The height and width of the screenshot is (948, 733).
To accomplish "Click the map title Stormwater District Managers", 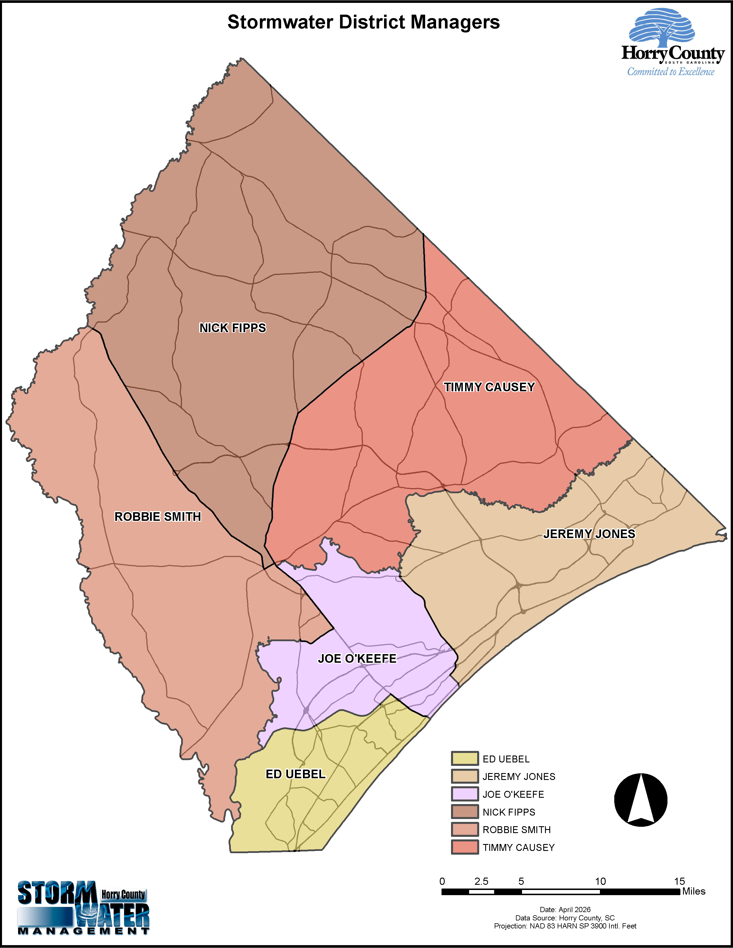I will tap(363, 23).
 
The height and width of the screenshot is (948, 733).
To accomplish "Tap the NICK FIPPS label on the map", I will tap(232, 328).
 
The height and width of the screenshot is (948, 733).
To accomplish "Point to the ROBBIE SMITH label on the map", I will tap(158, 517).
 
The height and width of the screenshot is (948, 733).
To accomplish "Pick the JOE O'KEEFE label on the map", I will tap(357, 658).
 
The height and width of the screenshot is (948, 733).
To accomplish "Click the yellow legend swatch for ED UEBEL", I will tap(465, 758).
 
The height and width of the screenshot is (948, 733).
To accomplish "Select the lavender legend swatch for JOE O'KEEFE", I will tap(465, 794).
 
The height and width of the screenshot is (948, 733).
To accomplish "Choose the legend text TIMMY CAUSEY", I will tap(519, 847).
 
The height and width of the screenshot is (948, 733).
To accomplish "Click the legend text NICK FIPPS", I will tap(509, 812).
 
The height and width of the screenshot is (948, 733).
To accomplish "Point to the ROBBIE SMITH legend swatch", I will tap(465, 830).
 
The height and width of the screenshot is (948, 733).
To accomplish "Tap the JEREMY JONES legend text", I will tap(519, 776).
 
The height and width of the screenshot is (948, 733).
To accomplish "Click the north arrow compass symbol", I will tap(640, 799).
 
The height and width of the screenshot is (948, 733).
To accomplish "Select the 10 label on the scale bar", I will tap(600, 881).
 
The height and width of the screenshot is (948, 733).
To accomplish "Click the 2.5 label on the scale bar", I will tap(481, 881).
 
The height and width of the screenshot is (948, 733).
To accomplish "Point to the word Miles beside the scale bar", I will tap(694, 891).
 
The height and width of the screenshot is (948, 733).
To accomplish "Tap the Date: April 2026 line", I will tap(565, 910).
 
